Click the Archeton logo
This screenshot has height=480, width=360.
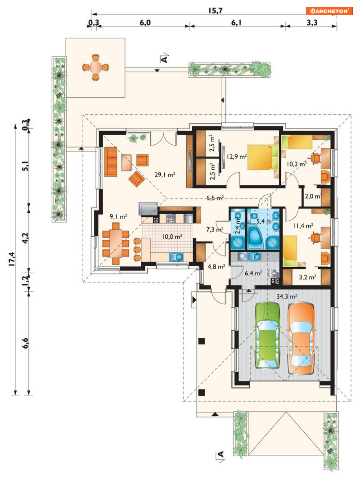point(329,11)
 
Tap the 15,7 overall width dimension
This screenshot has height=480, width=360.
point(215,10)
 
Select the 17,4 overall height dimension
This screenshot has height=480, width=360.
point(12,259)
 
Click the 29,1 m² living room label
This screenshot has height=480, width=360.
point(165,174)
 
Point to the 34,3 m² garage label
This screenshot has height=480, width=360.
point(287,297)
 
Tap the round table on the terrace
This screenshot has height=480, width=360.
point(96,67)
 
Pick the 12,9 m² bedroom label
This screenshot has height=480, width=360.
point(237,157)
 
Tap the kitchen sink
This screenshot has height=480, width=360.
point(177,256)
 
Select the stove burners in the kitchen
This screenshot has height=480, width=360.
point(171,218)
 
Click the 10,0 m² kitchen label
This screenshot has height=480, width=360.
point(172,237)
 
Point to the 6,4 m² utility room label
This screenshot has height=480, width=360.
point(253,273)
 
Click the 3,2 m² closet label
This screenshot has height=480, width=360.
point(307,277)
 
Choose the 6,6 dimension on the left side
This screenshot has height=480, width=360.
point(25,343)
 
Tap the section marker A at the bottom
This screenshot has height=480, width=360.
point(221,454)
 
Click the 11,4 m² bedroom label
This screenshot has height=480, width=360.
point(303,226)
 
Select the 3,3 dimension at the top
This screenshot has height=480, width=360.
point(312,23)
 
